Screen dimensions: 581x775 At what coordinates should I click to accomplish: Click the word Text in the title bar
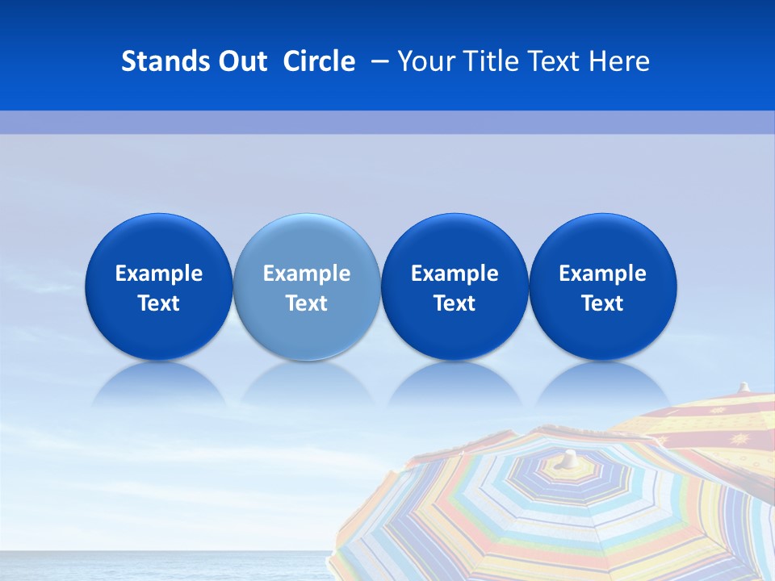(554, 61)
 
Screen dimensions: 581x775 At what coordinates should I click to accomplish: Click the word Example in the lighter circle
(307, 274)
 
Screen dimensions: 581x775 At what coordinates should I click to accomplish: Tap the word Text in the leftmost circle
(158, 303)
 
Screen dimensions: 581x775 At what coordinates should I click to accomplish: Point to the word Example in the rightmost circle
(603, 274)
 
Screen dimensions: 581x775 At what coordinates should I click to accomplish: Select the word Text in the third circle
(455, 303)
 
